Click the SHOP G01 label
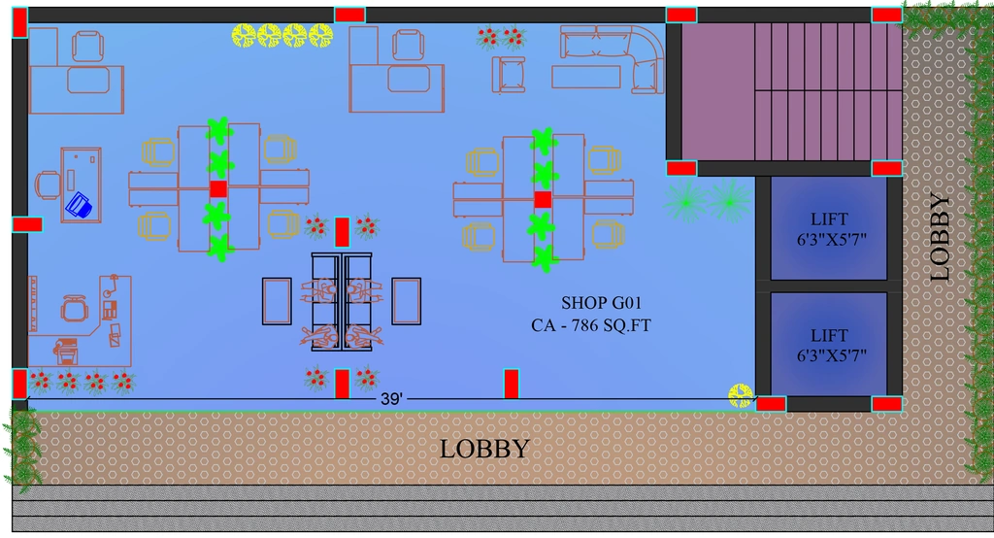(601, 303)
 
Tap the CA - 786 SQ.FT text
(591, 325)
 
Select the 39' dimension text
(391, 399)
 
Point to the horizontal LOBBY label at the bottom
(485, 450)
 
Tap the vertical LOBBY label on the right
(940, 237)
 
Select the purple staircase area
(792, 91)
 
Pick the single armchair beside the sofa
(509, 75)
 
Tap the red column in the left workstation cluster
(218, 189)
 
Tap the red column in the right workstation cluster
(543, 200)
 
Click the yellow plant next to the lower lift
(741, 395)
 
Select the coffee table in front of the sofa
(585, 77)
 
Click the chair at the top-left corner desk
(87, 47)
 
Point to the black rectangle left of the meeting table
(277, 301)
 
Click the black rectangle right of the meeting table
(407, 301)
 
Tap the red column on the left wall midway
(27, 224)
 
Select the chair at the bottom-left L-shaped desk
(75, 309)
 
